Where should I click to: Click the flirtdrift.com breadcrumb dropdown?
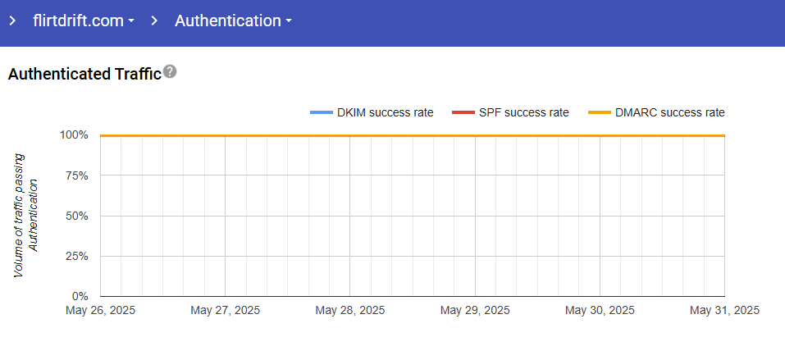(84, 21)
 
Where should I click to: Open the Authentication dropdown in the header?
(233, 21)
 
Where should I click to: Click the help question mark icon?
(170, 72)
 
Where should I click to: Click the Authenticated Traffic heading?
(84, 75)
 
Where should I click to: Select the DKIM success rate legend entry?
(372, 112)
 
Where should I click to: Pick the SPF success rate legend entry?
(510, 112)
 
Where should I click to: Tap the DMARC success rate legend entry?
(658, 112)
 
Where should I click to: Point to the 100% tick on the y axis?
(74, 135)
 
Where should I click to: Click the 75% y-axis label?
(76, 175)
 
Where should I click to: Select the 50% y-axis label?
(76, 216)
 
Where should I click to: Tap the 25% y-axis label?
(76, 256)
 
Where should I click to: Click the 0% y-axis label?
(79, 296)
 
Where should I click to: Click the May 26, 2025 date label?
(101, 311)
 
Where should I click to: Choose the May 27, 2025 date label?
(226, 311)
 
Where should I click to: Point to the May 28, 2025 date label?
(350, 311)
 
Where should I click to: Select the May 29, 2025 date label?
(475, 311)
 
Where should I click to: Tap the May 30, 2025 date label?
(600, 311)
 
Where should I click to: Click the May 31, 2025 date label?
(724, 311)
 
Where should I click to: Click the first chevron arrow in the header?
(12, 21)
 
